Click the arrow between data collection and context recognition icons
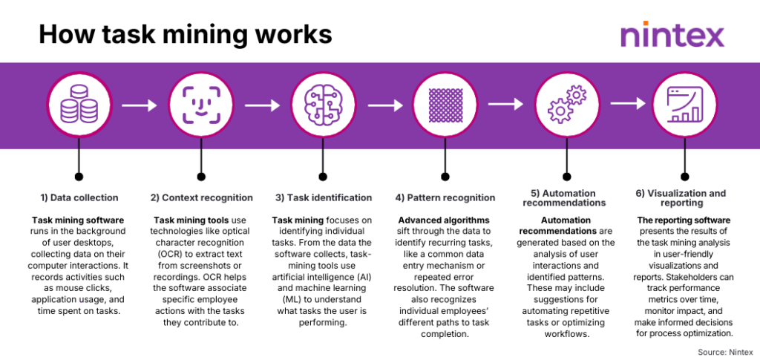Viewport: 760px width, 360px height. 140,106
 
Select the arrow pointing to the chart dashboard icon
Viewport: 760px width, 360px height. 627,106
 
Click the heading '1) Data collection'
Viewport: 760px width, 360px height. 79,197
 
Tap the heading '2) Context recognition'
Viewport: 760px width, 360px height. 200,197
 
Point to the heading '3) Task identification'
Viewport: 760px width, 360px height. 322,197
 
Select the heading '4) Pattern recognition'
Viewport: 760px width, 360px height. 445,197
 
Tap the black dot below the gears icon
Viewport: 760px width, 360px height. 566,177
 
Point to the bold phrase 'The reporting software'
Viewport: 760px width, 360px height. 684,220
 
